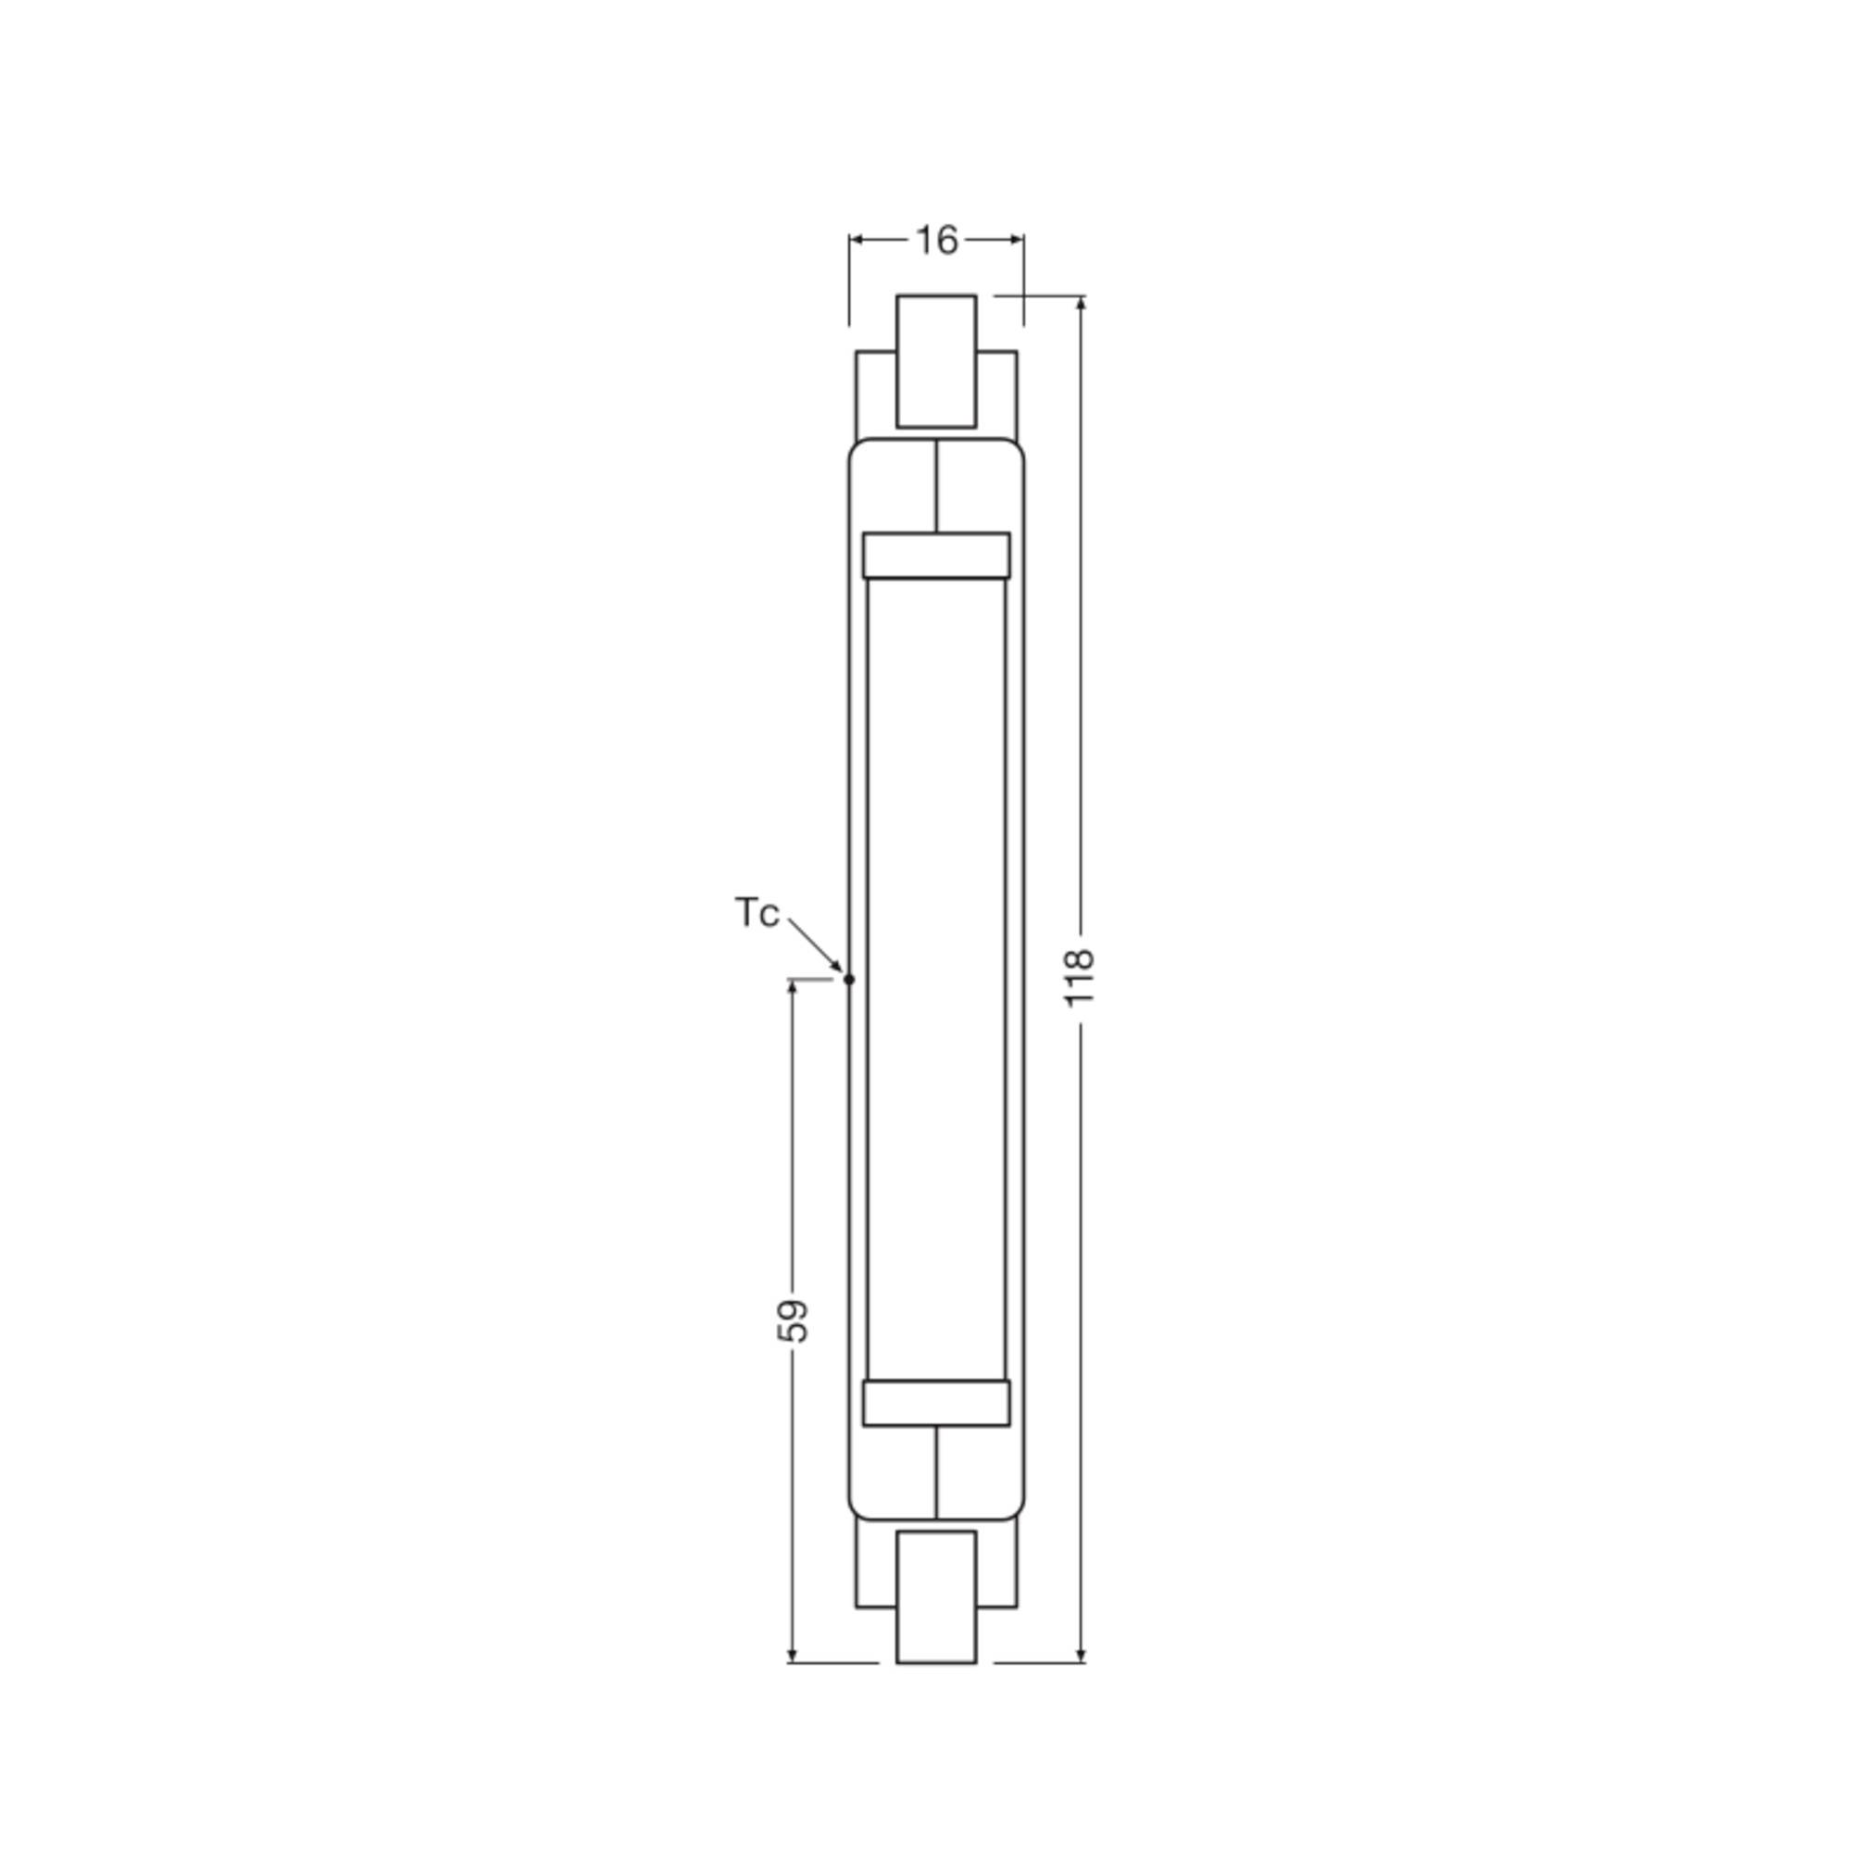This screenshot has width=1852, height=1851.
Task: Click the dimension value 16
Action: (x=936, y=241)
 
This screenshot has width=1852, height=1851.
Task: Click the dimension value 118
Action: (x=1081, y=977)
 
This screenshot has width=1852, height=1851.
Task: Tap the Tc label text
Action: (x=757, y=913)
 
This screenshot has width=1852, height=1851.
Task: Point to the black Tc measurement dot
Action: (x=848, y=980)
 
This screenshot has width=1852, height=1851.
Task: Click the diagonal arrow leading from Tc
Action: (x=815, y=945)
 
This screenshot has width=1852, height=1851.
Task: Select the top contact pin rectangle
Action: (x=936, y=360)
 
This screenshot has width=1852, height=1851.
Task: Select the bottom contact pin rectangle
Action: (x=936, y=1596)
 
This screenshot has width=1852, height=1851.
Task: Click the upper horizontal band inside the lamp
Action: (x=936, y=555)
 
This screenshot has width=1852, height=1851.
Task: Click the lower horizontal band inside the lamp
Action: (x=936, y=1404)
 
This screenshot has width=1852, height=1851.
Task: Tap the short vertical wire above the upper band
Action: (x=936, y=486)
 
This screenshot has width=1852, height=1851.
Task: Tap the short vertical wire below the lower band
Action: (x=936, y=1472)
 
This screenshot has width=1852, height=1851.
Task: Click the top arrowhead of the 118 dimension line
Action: (x=1082, y=304)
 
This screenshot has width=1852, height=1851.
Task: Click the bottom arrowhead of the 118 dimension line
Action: (x=1082, y=1655)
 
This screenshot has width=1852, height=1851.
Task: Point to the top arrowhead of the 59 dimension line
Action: (x=792, y=987)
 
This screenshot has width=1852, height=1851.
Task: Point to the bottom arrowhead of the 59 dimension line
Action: (x=792, y=1655)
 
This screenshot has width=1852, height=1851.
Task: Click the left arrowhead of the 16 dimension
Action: (x=856, y=240)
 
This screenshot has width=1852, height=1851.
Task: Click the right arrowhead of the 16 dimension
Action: (x=1017, y=240)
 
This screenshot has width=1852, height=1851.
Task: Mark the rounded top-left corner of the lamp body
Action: (x=856, y=446)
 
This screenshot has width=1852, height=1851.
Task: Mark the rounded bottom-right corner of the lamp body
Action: (x=1017, y=1512)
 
